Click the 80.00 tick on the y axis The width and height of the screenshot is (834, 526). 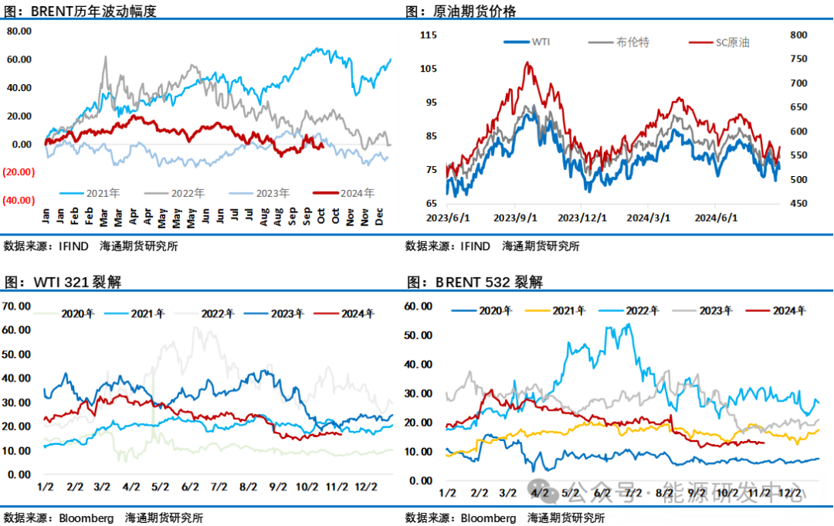19,31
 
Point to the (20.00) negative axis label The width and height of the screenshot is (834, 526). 18,172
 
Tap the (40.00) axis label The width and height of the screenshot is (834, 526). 18,200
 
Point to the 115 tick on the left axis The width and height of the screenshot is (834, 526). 430,35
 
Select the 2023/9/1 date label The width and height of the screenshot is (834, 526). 516,219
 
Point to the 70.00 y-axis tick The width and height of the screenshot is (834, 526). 16,306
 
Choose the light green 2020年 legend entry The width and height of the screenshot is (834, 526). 74,314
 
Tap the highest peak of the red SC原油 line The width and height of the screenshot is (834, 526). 528,63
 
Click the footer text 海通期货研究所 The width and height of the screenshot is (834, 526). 565,518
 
